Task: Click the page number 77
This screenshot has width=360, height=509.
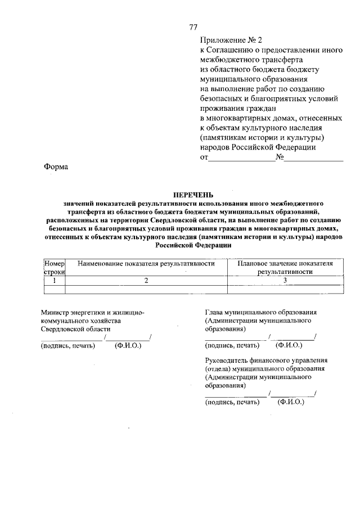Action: [x=193, y=27]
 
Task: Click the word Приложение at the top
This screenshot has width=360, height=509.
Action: [x=223, y=40]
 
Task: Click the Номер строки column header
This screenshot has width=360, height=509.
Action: [x=55, y=267]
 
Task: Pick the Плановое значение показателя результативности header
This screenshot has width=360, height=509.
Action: [x=285, y=267]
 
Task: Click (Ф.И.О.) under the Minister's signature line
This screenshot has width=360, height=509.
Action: [x=127, y=345]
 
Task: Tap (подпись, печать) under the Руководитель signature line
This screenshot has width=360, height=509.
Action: [x=232, y=402]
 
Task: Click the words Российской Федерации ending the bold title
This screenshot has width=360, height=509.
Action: [x=193, y=246]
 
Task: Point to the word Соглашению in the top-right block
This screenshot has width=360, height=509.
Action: [x=236, y=49]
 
